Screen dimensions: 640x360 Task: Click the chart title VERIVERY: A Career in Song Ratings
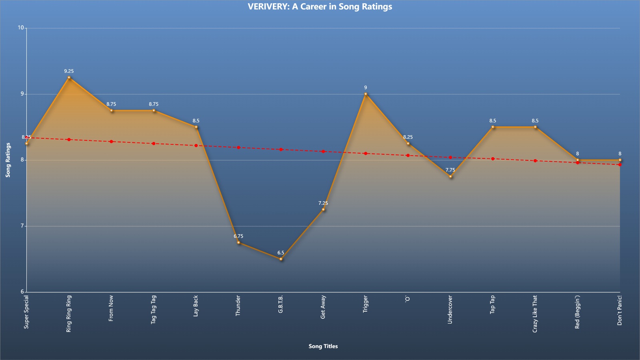click(320, 6)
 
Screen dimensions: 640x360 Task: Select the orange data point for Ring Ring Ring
click(69, 78)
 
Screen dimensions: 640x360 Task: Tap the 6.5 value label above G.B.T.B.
click(281, 252)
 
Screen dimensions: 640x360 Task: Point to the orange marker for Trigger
click(366, 94)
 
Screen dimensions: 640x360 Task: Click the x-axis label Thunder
click(238, 306)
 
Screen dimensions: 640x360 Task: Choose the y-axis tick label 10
click(21, 28)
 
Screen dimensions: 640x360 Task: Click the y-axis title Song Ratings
click(8, 160)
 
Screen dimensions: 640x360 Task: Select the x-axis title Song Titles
click(323, 346)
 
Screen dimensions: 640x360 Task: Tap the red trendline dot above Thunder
click(238, 148)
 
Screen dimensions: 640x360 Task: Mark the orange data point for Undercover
click(450, 176)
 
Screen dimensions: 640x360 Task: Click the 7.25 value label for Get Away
click(323, 203)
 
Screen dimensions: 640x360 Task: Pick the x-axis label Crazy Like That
click(535, 314)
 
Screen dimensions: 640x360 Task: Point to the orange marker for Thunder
click(238, 242)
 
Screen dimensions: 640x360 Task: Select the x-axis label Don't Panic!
click(620, 310)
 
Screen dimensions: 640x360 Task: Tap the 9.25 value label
click(69, 71)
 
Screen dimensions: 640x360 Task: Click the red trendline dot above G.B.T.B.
click(281, 150)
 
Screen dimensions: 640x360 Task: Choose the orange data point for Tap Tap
click(493, 127)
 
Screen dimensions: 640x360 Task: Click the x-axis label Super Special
click(26, 312)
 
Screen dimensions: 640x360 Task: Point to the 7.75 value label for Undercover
click(450, 170)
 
